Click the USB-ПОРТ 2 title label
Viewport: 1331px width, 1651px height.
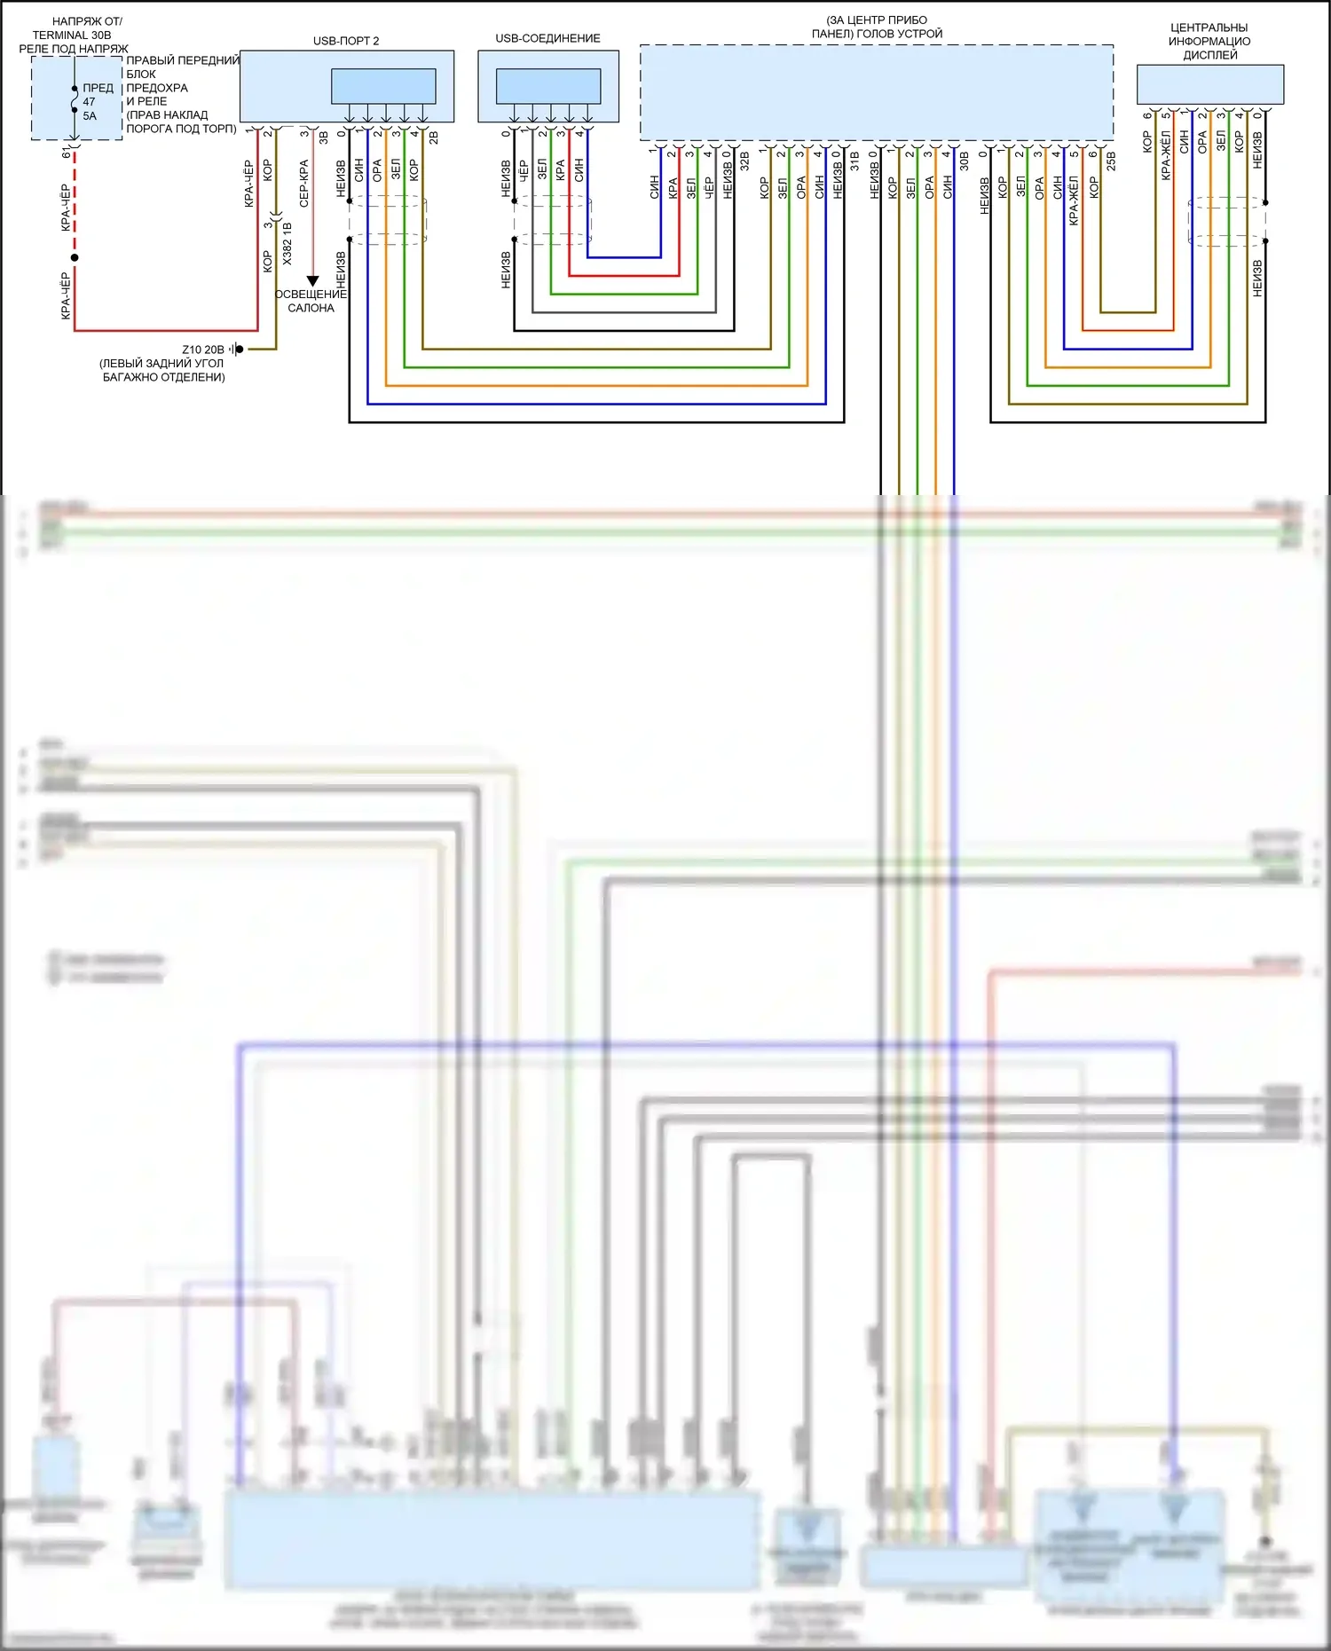(346, 41)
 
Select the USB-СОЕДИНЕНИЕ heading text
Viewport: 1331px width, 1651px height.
(547, 38)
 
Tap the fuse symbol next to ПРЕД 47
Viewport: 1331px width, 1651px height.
(75, 100)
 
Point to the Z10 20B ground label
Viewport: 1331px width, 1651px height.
(203, 350)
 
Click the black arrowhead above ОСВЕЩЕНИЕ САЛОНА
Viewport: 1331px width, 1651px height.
(312, 281)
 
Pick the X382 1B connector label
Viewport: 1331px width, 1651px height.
(287, 243)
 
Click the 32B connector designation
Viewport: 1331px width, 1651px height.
(745, 161)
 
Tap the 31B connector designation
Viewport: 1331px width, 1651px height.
(855, 161)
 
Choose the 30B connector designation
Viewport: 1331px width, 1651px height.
(965, 161)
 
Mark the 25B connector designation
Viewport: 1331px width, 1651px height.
(1111, 161)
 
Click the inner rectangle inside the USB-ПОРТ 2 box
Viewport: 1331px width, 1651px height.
(383, 86)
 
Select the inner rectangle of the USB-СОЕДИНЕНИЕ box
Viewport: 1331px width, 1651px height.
(548, 86)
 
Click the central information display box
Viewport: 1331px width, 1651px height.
(1210, 84)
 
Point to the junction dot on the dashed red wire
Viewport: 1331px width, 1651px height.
(75, 258)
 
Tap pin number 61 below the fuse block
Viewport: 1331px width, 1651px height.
(67, 153)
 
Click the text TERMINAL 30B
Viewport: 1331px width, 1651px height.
(72, 35)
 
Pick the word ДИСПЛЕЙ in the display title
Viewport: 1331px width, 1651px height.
(1209, 55)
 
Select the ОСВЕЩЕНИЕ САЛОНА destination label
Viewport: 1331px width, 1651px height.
(311, 301)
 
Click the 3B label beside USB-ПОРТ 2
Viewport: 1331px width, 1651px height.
(324, 138)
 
